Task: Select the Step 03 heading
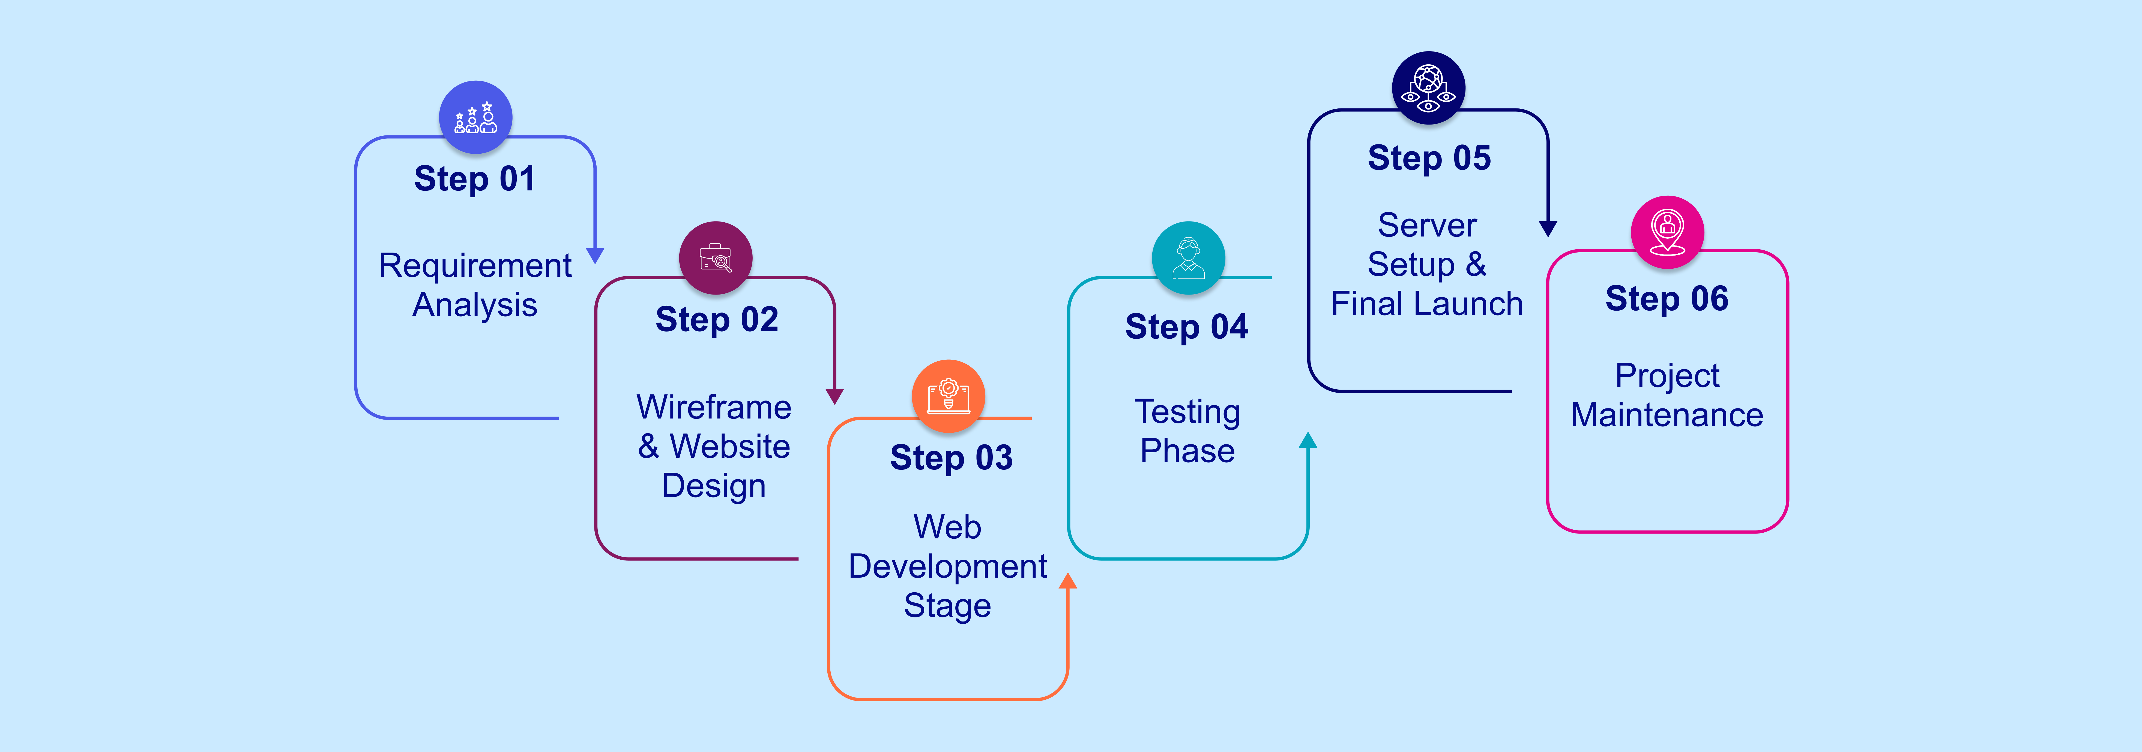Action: (951, 458)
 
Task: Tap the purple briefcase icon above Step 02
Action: (715, 257)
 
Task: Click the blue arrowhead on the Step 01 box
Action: (594, 255)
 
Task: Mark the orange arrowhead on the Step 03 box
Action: (1068, 581)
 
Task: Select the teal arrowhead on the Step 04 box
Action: (1308, 440)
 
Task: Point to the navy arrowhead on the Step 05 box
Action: (1548, 229)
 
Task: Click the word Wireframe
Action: (713, 407)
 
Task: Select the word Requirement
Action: (475, 266)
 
